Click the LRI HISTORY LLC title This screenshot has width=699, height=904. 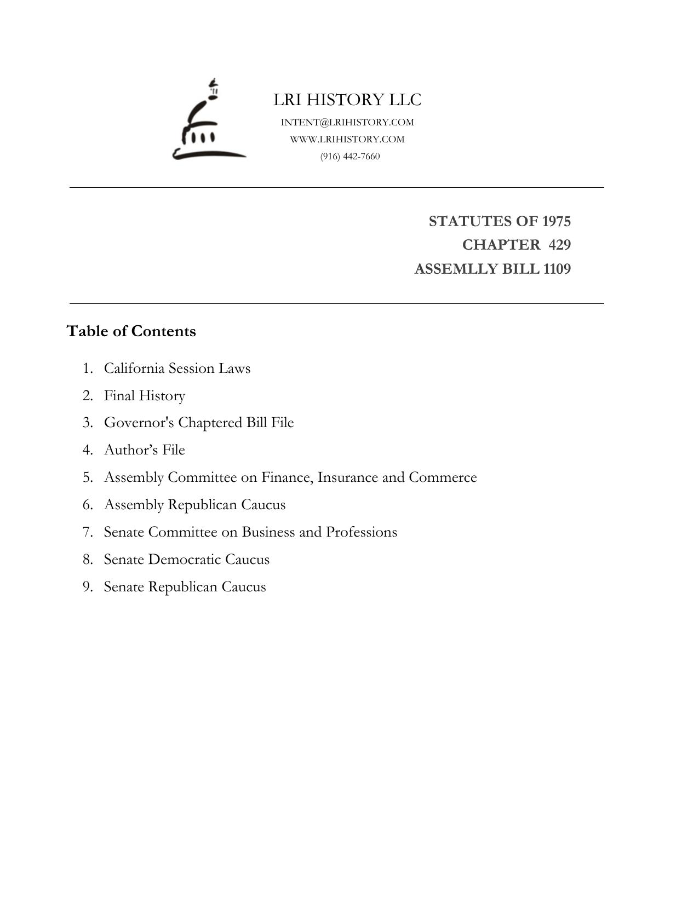coord(347,100)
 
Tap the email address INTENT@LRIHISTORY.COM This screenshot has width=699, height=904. coord(347,122)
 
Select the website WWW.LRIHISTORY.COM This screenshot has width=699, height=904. coord(347,139)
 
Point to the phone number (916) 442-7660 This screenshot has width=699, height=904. coord(350,156)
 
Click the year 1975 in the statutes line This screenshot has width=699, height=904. coord(556,221)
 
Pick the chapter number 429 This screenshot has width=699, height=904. coord(559,245)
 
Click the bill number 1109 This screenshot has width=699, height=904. coord(557,269)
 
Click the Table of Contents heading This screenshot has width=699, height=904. coord(131,331)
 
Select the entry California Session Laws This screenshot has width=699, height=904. coord(177,368)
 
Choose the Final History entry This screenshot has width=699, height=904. coord(145,395)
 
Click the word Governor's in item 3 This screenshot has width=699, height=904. coord(139,423)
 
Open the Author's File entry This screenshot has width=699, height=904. coord(145,450)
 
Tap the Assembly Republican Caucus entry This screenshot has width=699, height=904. coord(194,504)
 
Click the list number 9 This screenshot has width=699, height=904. coord(88,586)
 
